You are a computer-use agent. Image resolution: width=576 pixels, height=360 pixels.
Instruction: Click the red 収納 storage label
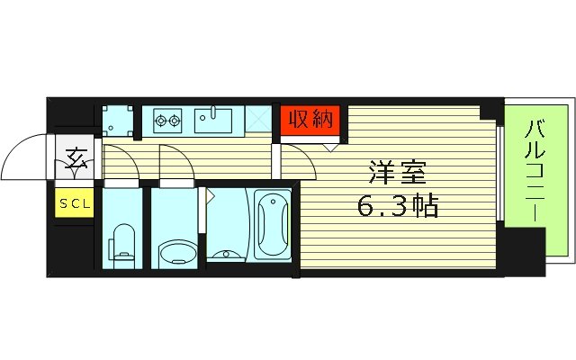[311, 119]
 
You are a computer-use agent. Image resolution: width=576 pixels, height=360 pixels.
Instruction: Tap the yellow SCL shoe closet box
[75, 203]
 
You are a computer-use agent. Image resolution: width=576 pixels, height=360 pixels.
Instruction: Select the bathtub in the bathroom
[272, 225]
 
